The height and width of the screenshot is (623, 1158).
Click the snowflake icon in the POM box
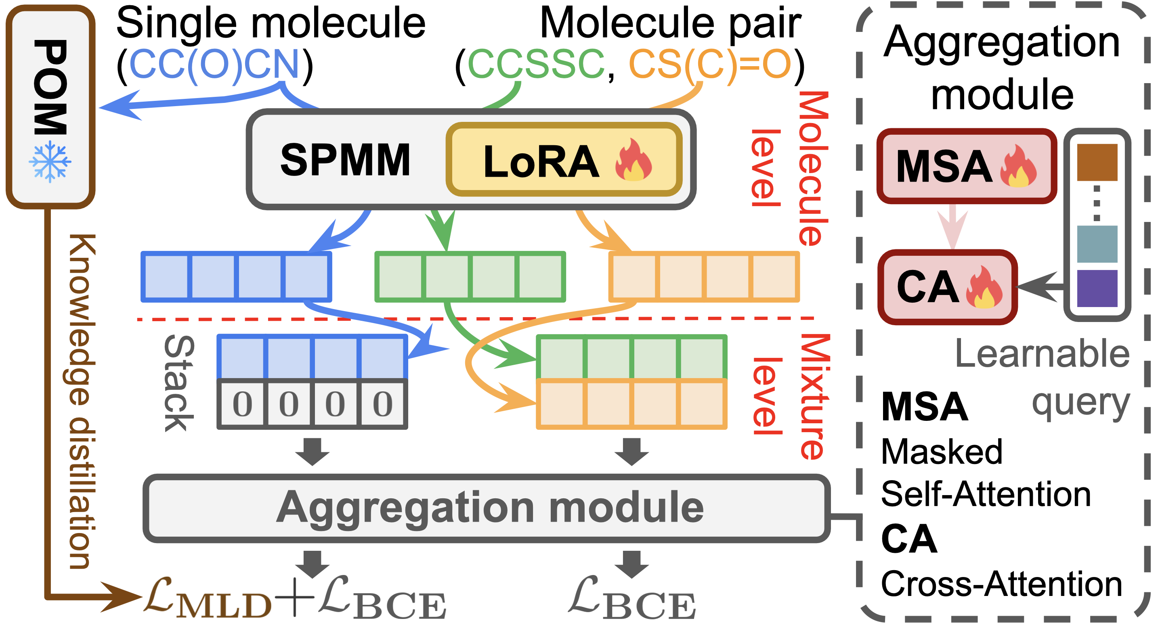50,162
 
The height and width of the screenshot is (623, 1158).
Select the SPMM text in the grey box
345,160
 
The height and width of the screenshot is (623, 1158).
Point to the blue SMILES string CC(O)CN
214,64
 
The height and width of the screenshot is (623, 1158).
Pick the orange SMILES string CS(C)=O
710,64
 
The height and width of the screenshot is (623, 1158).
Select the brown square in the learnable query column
1097,162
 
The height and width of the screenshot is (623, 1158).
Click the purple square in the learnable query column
1097,289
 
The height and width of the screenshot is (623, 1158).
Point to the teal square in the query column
1097,244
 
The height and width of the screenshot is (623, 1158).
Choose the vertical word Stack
179,383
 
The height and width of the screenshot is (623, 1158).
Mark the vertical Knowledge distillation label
82,401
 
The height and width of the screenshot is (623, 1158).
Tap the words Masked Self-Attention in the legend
984,473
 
